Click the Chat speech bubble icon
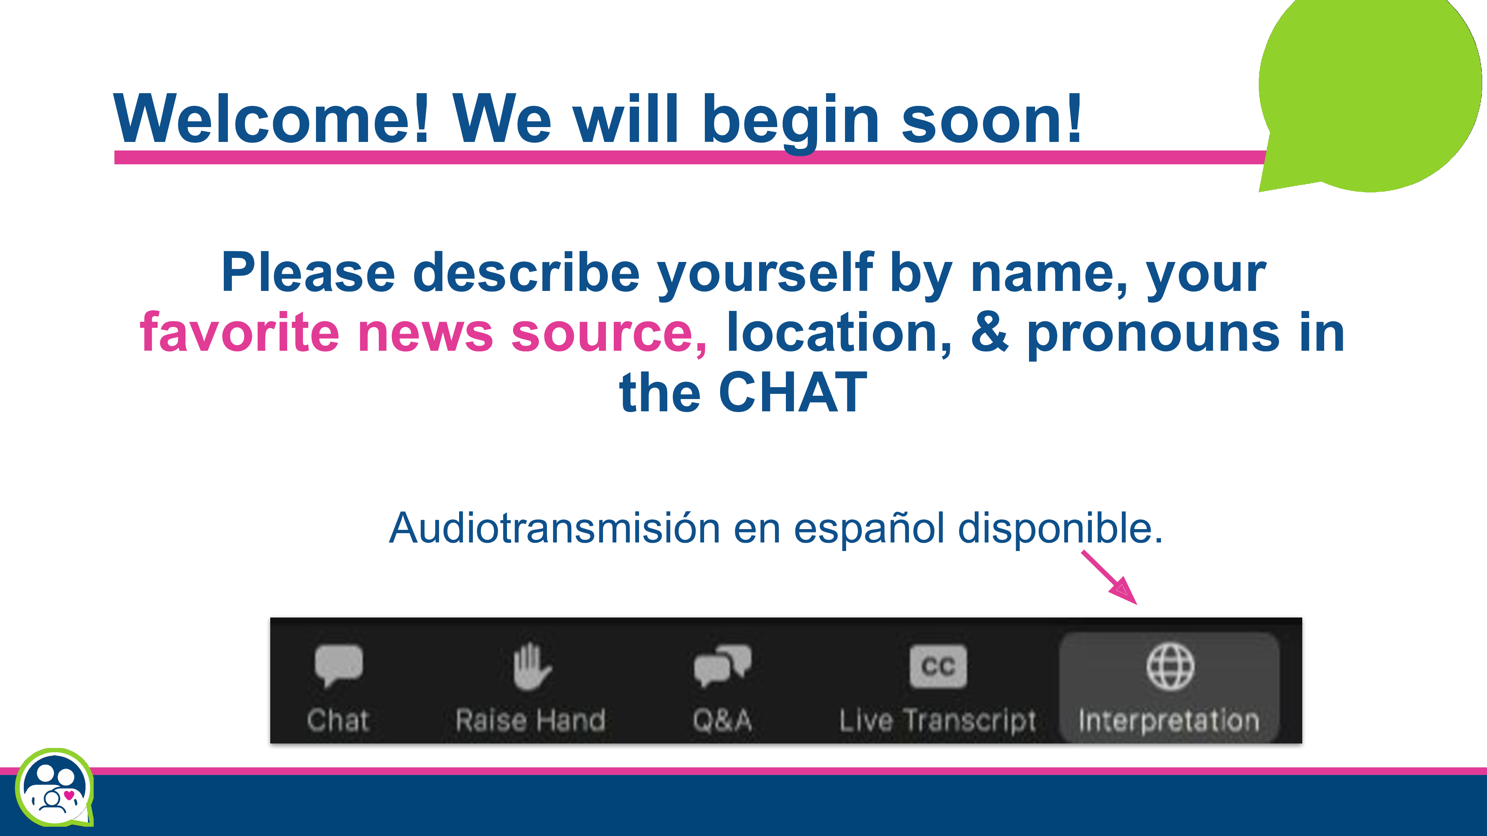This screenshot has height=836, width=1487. coord(339,665)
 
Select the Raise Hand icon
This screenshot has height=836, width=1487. coord(532,666)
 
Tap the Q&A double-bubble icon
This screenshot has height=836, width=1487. coord(722,665)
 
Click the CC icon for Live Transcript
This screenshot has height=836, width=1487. coord(938,666)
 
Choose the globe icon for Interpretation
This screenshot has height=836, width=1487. coord(1170,666)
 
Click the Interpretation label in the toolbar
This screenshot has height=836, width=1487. coord(1169,721)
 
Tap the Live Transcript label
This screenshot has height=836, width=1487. coord(938,721)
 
